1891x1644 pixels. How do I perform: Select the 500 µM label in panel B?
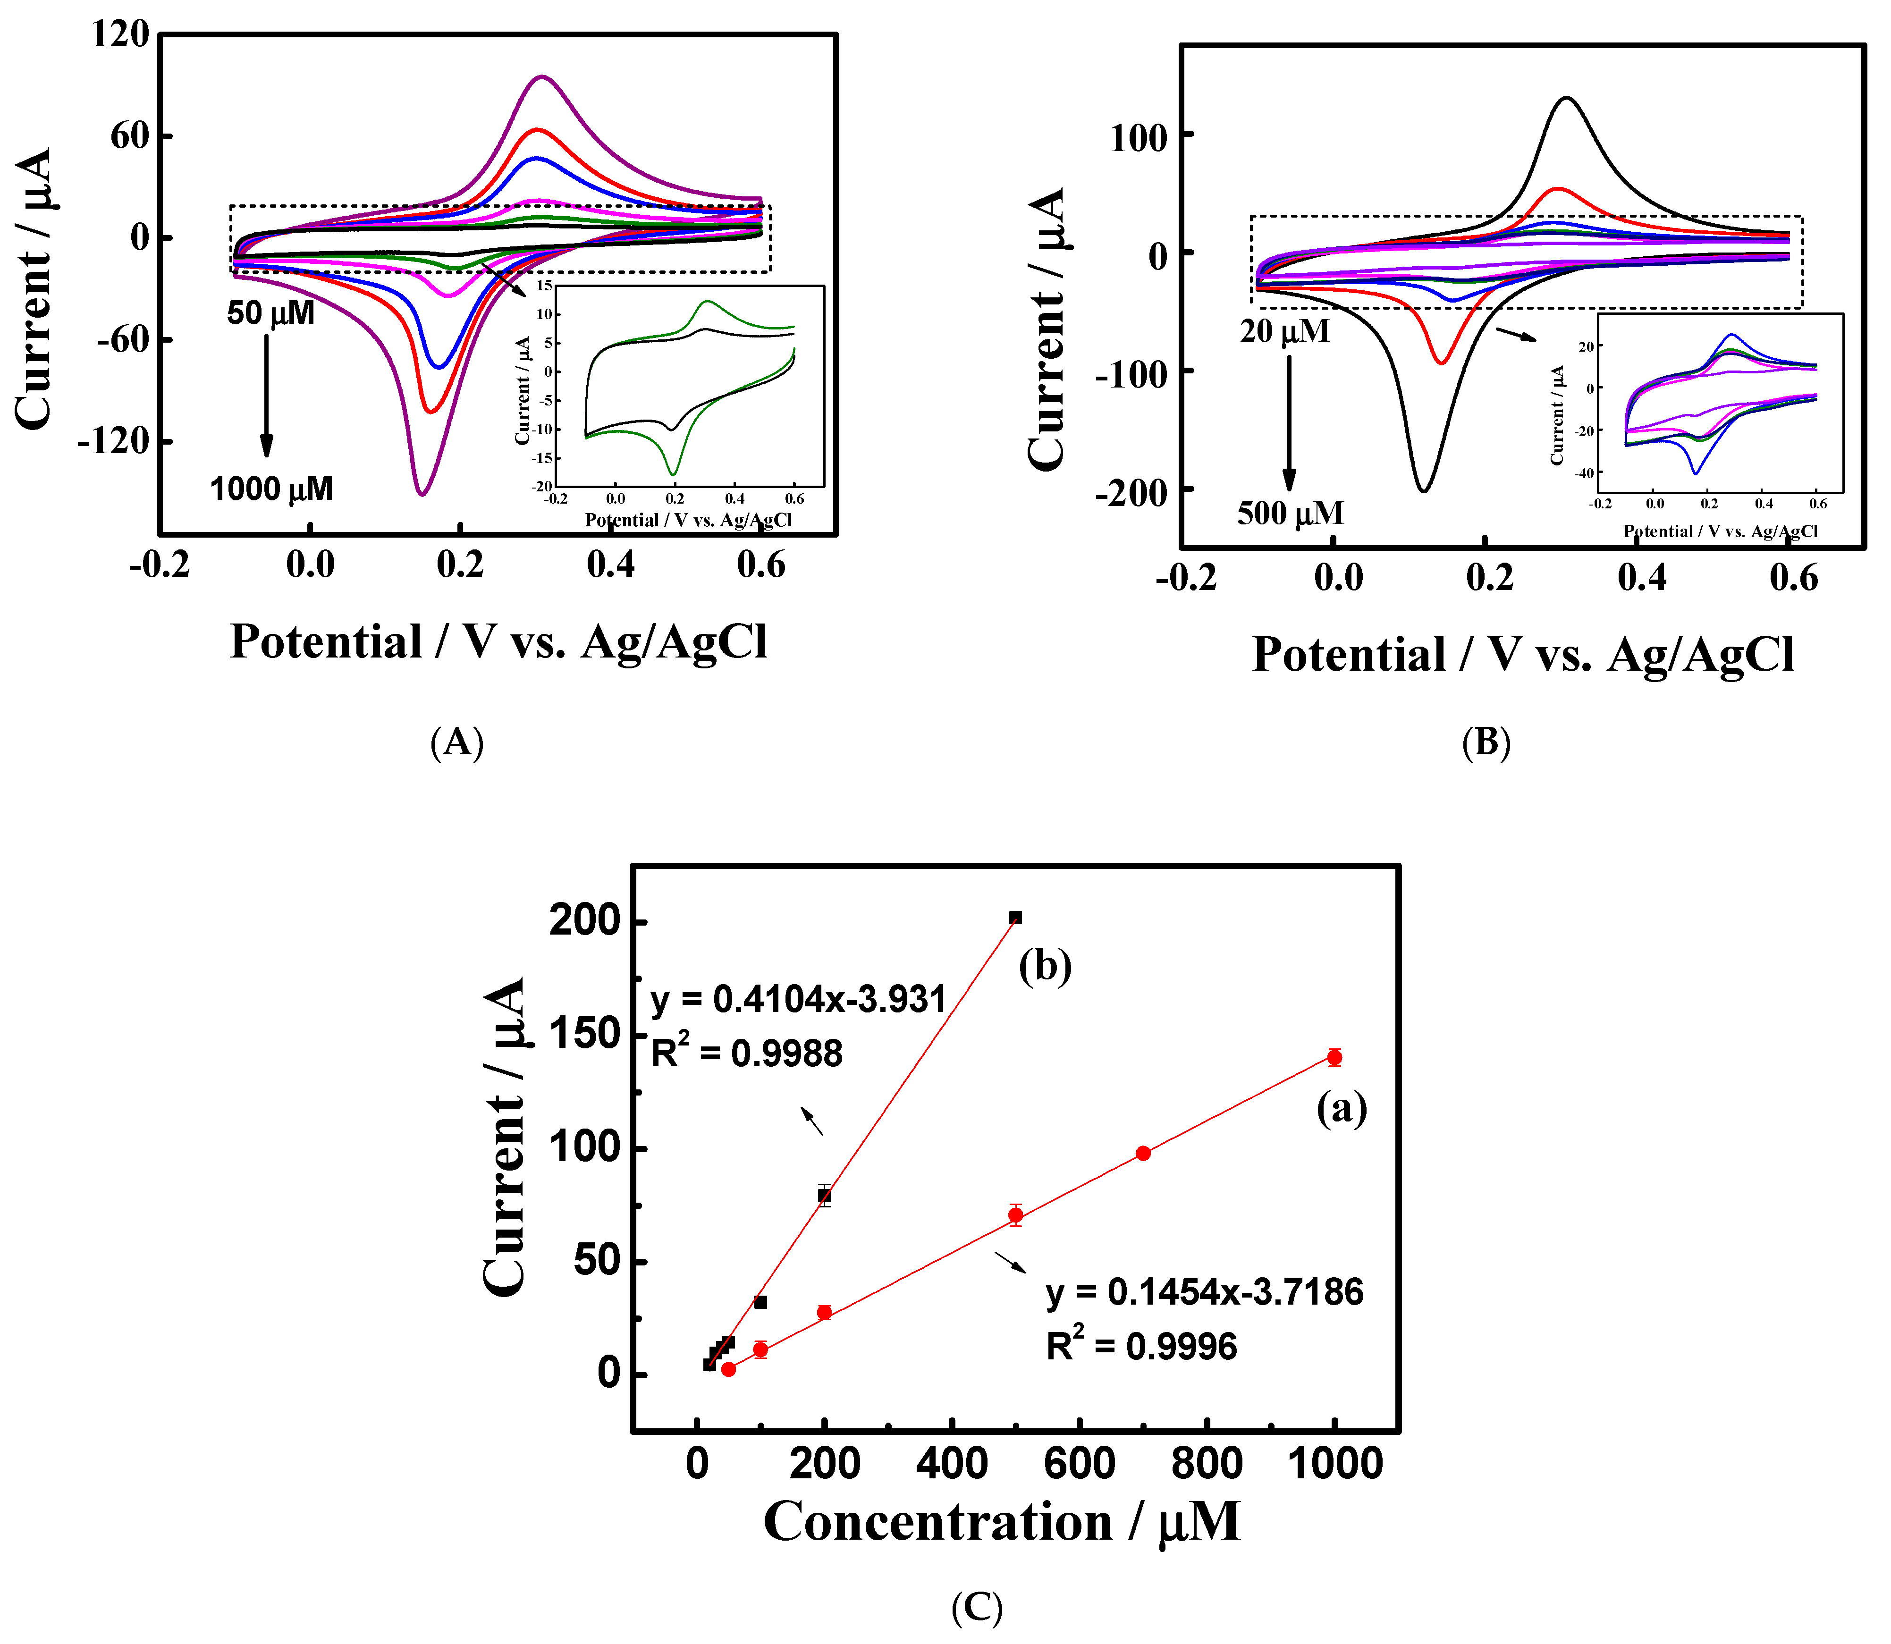pyautogui.click(x=1290, y=512)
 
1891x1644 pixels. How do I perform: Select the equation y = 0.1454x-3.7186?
pyautogui.click(x=1204, y=1292)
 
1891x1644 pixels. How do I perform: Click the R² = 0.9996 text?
pyautogui.click(x=1141, y=1346)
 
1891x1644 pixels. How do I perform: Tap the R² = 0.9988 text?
pyautogui.click(x=746, y=1053)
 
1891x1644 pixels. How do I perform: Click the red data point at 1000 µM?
pyautogui.click(x=1334, y=1058)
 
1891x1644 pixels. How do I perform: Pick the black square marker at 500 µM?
pyautogui.click(x=1015, y=918)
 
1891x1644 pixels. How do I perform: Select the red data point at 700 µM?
pyautogui.click(x=1142, y=1153)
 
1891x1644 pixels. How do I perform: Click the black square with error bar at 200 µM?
pyautogui.click(x=824, y=1196)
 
